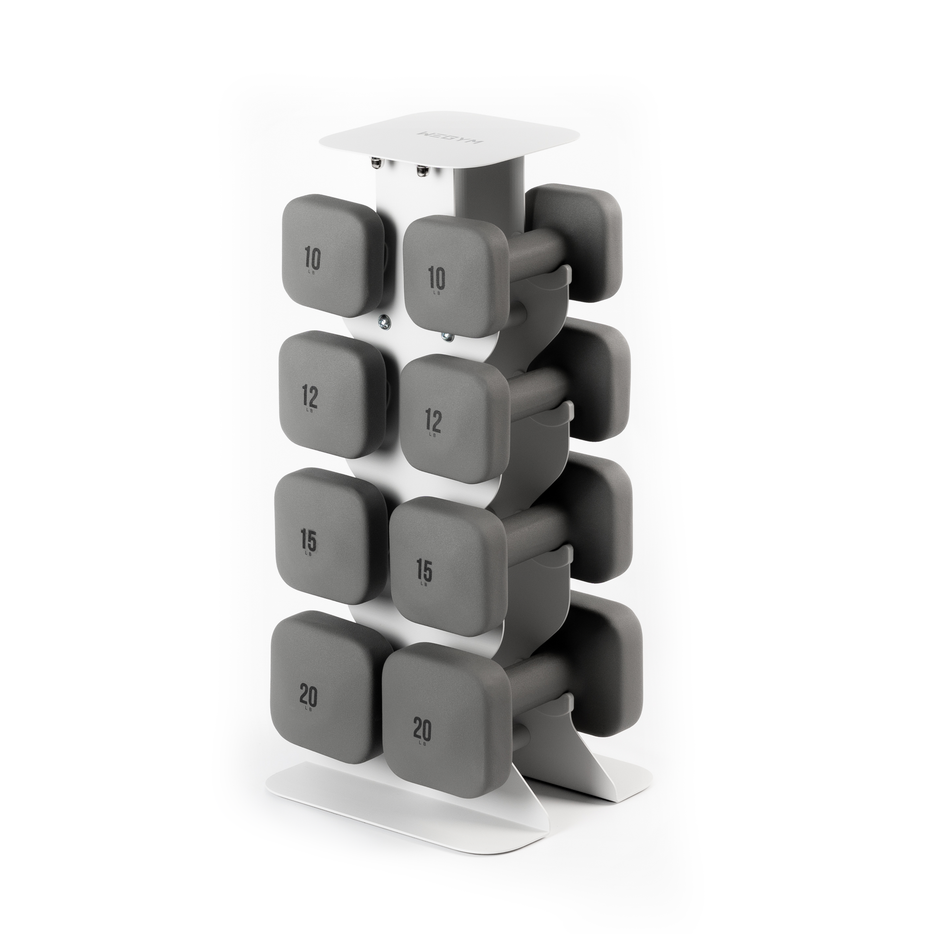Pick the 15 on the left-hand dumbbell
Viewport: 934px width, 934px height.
(x=309, y=541)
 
